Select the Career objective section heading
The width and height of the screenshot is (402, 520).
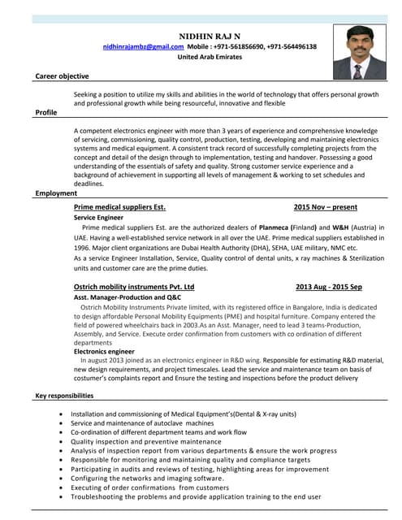(62, 76)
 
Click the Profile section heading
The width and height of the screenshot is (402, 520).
(45, 112)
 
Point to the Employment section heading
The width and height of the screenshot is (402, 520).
(56, 193)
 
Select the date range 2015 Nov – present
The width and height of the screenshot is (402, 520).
(325, 207)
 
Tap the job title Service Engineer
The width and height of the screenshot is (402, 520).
(98, 219)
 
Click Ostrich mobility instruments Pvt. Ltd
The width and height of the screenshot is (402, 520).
(134, 287)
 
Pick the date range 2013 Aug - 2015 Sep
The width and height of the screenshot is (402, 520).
(328, 287)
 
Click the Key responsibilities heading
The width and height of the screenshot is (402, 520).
(64, 396)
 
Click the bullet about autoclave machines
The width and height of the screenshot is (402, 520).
(142, 423)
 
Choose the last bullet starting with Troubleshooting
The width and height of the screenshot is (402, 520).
(195, 496)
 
